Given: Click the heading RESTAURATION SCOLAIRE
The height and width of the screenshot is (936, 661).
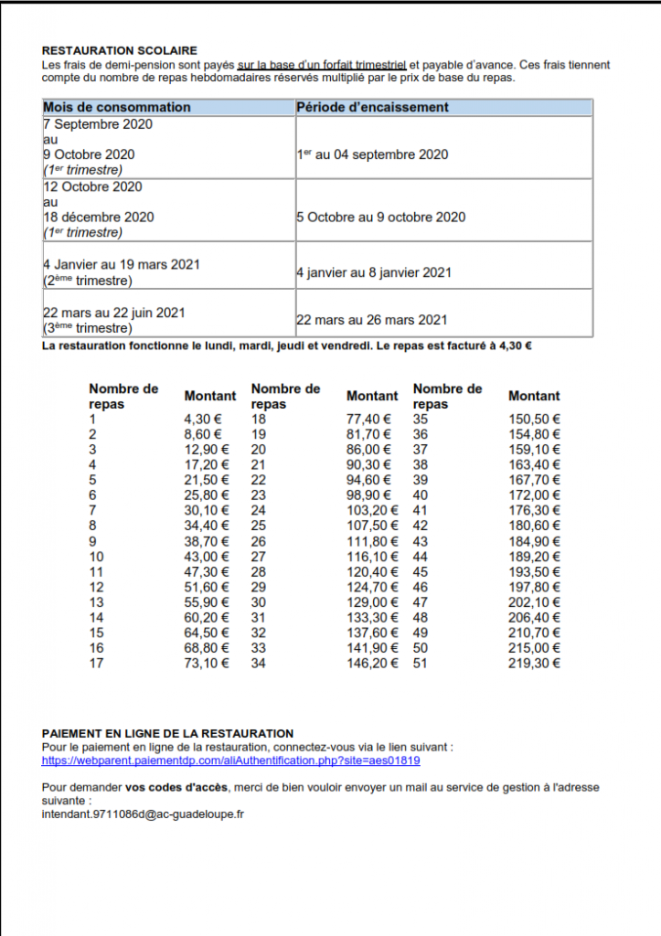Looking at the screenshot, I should pos(120,50).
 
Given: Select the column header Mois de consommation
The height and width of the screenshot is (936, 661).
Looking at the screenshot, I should pos(117,107).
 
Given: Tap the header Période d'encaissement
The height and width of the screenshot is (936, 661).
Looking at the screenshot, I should pos(373,107).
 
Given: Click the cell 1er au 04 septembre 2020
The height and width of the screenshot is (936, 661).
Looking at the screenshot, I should pos(372,154).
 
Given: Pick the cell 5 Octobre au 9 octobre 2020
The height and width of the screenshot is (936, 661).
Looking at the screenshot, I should pos(380,217).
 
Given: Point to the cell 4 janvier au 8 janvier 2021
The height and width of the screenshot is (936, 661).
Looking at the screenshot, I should pos(374,272).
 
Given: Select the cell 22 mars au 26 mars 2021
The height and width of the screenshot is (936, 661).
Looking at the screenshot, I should pos(372,320).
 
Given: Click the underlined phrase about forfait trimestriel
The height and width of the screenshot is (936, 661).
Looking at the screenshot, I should pos(322,65).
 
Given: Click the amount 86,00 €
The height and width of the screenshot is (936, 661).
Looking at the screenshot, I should pos(368,450).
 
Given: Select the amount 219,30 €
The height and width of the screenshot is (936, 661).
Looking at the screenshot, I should pos(535,663).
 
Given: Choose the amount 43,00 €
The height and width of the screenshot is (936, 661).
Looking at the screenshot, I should pos(207,557).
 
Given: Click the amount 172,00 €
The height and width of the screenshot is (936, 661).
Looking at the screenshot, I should pos(535,495).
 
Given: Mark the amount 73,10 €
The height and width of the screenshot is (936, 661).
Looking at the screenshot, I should pos(207,663).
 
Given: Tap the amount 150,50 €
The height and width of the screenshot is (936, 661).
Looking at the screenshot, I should pos(535,420).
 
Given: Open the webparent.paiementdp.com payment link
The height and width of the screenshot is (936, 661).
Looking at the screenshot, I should pos(231,760).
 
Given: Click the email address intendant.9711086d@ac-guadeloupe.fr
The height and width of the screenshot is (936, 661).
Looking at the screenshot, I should pos(144,813).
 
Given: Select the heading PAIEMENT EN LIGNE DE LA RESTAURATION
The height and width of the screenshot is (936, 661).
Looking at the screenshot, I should pos(168,733).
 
